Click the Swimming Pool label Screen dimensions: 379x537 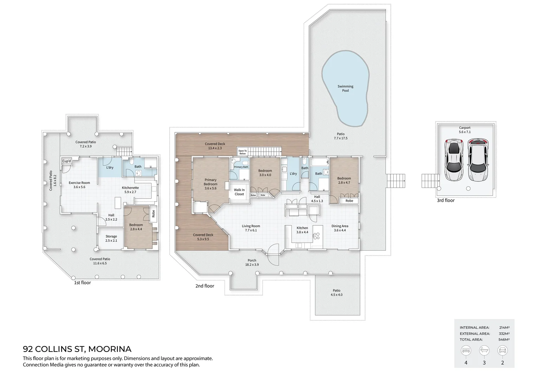click(345, 88)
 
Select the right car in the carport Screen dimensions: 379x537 click(478, 160)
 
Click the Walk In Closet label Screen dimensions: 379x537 click(239, 192)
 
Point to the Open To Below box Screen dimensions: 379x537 click(242, 152)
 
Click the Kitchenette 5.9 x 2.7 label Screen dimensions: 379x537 click(130, 190)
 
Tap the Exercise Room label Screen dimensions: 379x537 click(79, 185)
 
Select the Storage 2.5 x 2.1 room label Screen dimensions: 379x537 click(111, 239)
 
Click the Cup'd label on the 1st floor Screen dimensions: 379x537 click(66, 161)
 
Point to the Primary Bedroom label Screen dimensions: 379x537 click(211, 184)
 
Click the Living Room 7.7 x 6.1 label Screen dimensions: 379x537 click(251, 228)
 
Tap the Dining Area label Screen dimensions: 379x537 click(340, 228)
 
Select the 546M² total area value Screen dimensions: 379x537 click(504, 340)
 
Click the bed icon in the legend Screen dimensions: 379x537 click(466, 351)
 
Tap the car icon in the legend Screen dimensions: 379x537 click(503, 351)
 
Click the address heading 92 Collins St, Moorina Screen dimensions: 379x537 click(77, 349)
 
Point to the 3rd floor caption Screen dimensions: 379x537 click(446, 200)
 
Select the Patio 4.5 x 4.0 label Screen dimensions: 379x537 click(336, 293)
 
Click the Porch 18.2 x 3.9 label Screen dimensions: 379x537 click(252, 262)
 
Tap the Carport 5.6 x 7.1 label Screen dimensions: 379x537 click(465, 130)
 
